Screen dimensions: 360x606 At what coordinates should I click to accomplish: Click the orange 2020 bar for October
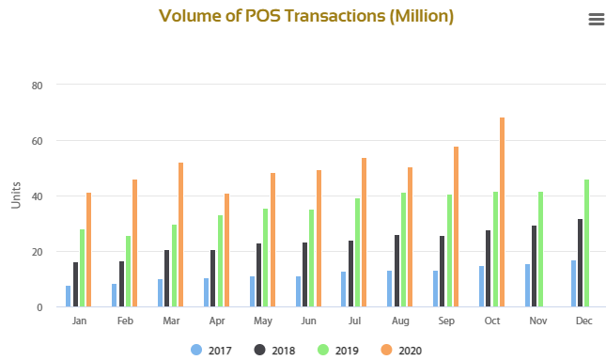(503, 212)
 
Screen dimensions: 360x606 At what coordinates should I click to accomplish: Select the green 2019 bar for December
(587, 243)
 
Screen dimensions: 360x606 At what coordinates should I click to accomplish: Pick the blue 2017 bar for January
(69, 296)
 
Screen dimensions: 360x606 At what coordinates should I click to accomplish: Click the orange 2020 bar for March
(180, 235)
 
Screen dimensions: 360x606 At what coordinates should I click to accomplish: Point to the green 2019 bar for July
(357, 253)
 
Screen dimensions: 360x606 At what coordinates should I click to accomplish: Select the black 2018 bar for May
(258, 275)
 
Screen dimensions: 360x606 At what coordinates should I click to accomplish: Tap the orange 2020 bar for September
(457, 227)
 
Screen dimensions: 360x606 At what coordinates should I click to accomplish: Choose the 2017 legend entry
(211, 350)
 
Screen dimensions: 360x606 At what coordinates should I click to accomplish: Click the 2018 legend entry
(274, 350)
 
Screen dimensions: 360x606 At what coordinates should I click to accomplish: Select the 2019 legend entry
(338, 350)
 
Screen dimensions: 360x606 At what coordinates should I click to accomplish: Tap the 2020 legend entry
(401, 350)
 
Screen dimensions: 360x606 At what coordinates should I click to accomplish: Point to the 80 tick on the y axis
(38, 86)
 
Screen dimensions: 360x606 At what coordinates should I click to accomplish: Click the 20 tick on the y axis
(38, 252)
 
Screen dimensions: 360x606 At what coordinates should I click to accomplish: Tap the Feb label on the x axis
(126, 321)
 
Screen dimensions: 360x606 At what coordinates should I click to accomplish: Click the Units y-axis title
(15, 195)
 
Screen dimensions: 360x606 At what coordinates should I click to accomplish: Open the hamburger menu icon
(596, 20)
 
